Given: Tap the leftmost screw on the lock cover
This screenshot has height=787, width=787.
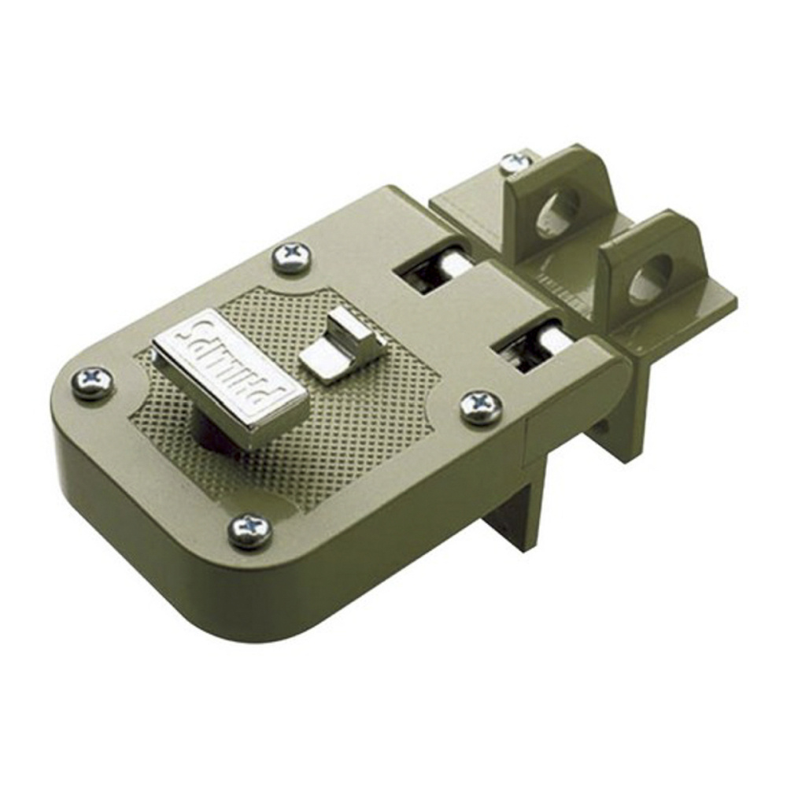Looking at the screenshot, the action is [94, 384].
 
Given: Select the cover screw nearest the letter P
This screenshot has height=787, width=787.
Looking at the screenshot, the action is [250, 530].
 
